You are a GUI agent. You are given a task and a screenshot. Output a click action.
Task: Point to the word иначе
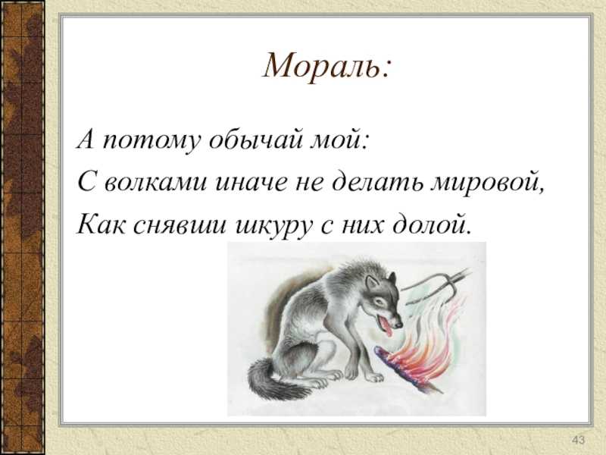pyautogui.click(x=251, y=182)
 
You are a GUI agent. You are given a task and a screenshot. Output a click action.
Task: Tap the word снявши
pyautogui.click(x=180, y=224)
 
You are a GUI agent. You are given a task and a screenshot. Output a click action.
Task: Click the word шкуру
pyautogui.click(x=273, y=226)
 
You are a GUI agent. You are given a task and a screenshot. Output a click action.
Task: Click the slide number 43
pyautogui.click(x=578, y=440)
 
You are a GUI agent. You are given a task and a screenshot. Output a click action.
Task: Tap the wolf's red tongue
pyautogui.click(x=386, y=328)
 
